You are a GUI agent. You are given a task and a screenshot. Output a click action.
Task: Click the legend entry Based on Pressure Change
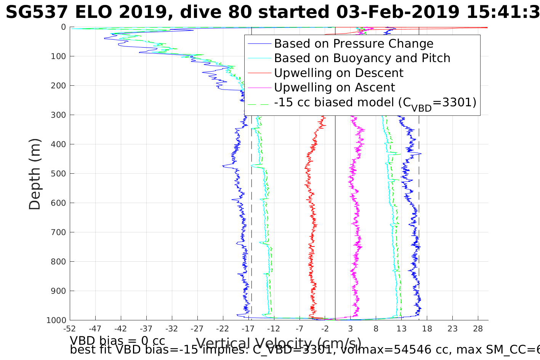[x=354, y=44]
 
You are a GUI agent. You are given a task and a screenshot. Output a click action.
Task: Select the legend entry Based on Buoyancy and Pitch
[x=362, y=58]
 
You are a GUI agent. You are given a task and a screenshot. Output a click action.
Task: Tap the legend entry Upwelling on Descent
[x=338, y=73]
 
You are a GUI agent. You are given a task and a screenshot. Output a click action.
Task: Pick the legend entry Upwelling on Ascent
[x=334, y=88]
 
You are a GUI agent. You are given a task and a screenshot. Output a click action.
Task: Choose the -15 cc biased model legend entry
[x=375, y=103]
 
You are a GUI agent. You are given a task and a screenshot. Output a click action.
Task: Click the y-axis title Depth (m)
[x=35, y=174]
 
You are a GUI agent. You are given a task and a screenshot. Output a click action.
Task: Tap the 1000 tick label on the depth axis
[x=56, y=320]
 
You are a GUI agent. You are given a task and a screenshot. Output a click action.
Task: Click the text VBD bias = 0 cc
[x=117, y=340]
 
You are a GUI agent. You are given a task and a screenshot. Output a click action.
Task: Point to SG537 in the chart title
[x=37, y=13]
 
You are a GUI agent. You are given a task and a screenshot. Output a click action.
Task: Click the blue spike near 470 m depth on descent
[x=224, y=166]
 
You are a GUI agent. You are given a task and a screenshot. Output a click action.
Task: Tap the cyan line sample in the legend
[x=259, y=58]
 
